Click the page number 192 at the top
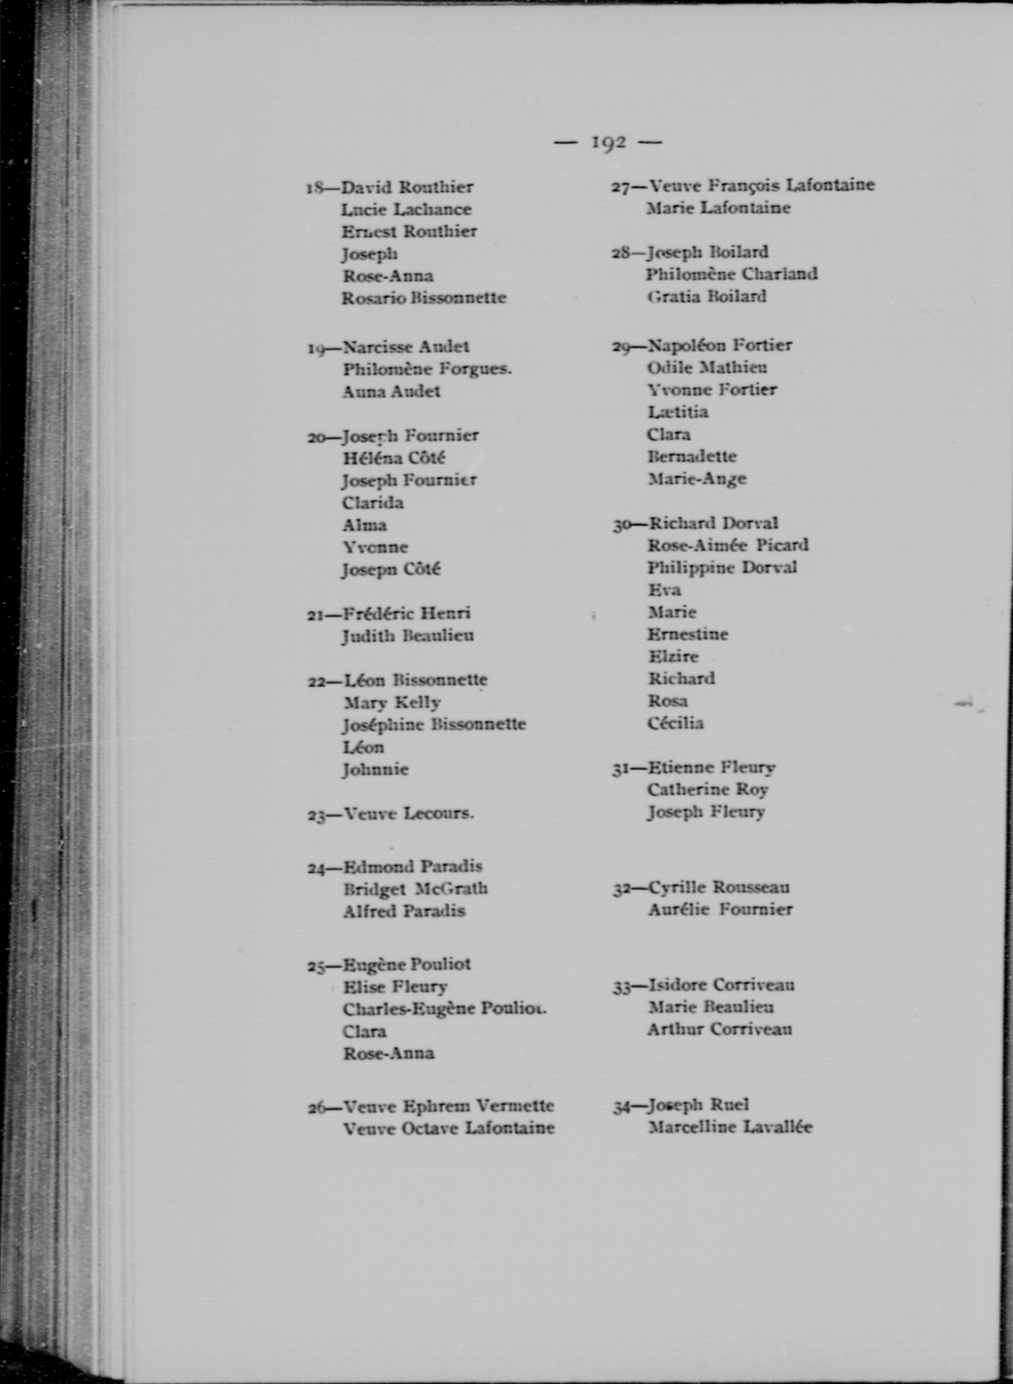608,142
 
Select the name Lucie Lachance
406,210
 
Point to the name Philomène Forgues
427,369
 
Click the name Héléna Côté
394,458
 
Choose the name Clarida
373,503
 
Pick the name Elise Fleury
395,987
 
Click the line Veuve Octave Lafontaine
448,1128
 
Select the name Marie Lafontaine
718,208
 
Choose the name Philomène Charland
732,274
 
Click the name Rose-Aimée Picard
728,545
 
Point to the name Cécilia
675,723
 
